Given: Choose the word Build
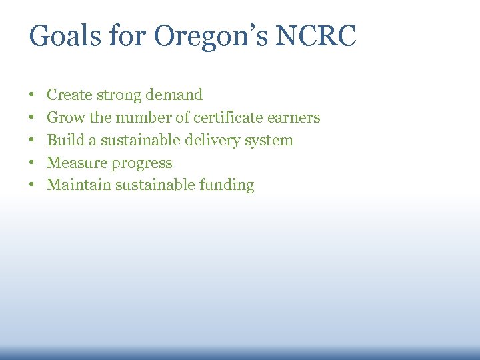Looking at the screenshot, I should (65, 141).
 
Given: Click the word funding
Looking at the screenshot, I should (227, 186).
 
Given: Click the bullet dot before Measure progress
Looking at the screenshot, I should (31, 163).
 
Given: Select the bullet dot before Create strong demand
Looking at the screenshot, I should (31, 95).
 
